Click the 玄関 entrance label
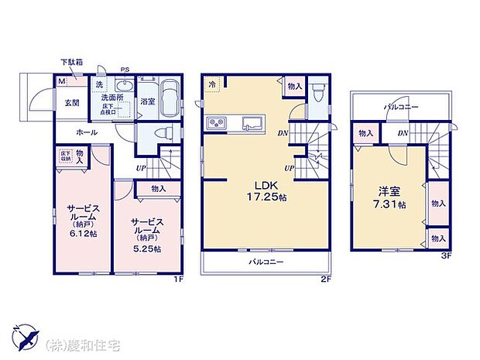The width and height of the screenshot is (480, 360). (x=71, y=101)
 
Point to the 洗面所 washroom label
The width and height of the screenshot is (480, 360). (x=108, y=98)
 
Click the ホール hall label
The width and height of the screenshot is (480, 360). (x=87, y=133)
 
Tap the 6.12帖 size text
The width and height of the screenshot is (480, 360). (x=81, y=233)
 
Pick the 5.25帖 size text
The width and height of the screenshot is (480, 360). (x=146, y=249)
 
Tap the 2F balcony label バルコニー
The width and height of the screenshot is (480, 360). (x=266, y=262)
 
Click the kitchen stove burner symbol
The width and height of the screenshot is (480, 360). (x=217, y=122)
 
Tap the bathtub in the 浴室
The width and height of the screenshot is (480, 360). (x=172, y=94)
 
